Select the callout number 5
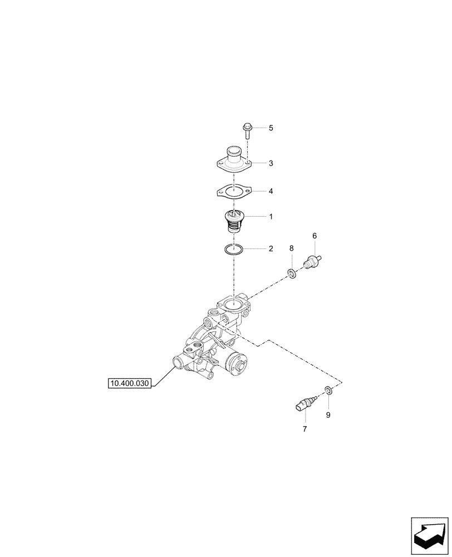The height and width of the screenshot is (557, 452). [x=271, y=128]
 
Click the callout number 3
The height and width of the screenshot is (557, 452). [x=271, y=163]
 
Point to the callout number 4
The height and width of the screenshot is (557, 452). [x=271, y=191]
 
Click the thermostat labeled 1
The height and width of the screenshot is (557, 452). [x=234, y=222]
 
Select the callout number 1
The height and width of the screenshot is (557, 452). [x=271, y=216]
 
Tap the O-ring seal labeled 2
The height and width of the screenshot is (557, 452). [x=234, y=249]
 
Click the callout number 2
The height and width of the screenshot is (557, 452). [x=271, y=249]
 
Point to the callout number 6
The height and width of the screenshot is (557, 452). [x=315, y=237]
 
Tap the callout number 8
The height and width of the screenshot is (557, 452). [x=291, y=248]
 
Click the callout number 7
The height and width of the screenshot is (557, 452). [x=304, y=429]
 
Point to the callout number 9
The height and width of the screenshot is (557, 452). [x=328, y=415]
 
